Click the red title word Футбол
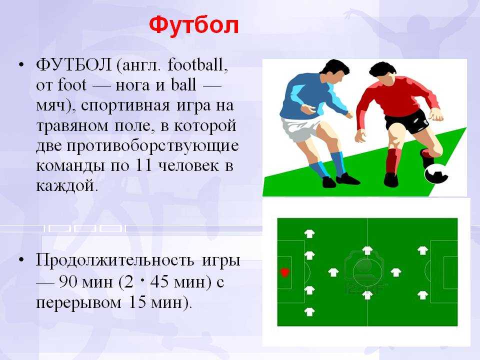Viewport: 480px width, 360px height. pos(194,25)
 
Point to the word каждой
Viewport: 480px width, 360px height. pos(66,185)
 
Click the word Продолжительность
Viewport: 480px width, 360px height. pos(115,261)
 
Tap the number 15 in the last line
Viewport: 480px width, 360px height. pos(137,302)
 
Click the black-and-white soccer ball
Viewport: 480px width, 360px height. pos(436,174)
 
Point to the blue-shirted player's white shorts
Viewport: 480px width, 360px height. pos(300,129)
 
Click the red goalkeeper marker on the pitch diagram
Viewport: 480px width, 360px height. pos(284,272)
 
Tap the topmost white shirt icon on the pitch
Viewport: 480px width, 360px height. pos(309,234)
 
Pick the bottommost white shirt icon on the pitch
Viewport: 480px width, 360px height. pos(309,311)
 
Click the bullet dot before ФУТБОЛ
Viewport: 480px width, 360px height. pos(21,65)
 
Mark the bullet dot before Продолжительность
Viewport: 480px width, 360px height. pos(21,260)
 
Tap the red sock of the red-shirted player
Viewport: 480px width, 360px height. pos(392,160)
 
